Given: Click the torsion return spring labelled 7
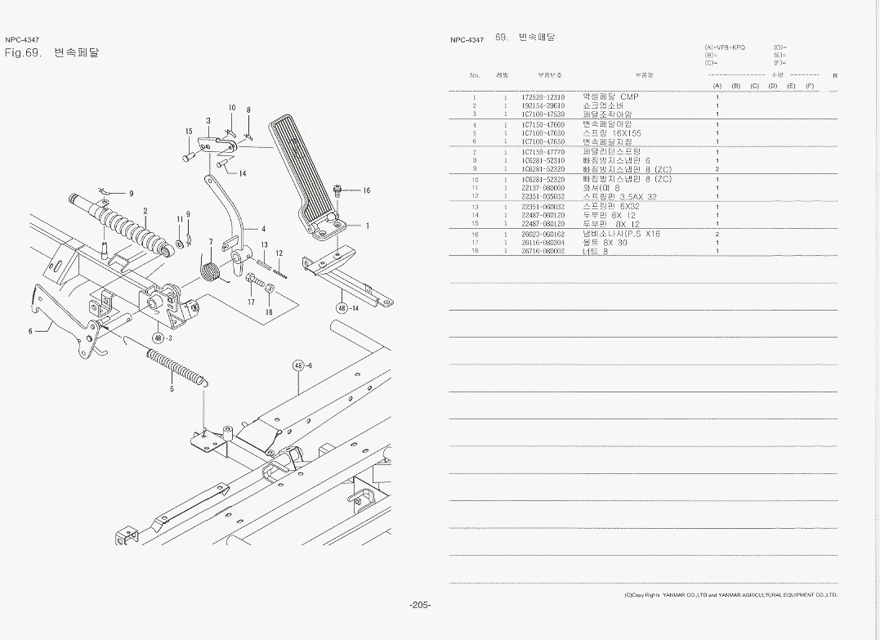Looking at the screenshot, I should pyautogui.click(x=211, y=266).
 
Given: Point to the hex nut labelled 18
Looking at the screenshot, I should pyautogui.click(x=269, y=289).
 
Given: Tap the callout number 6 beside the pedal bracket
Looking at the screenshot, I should pyautogui.click(x=30, y=331).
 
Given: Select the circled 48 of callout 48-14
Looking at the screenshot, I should pyautogui.click(x=342, y=308).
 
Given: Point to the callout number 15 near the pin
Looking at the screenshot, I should pyautogui.click(x=188, y=131).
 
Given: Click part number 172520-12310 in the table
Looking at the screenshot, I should pyautogui.click(x=543, y=97).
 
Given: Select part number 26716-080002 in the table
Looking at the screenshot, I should pyautogui.click(x=543, y=251).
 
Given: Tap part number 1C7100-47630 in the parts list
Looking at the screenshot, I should pyautogui.click(x=543, y=133).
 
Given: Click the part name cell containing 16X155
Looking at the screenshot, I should pyautogui.click(x=612, y=133).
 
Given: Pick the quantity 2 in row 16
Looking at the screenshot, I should pyautogui.click(x=717, y=234).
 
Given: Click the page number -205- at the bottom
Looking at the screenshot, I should pyautogui.click(x=420, y=605).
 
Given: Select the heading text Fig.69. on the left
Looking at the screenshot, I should pyautogui.click(x=23, y=53).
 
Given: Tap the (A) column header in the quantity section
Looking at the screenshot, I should pyautogui.click(x=717, y=86).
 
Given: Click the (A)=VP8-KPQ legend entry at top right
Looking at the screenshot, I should pyautogui.click(x=724, y=47).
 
